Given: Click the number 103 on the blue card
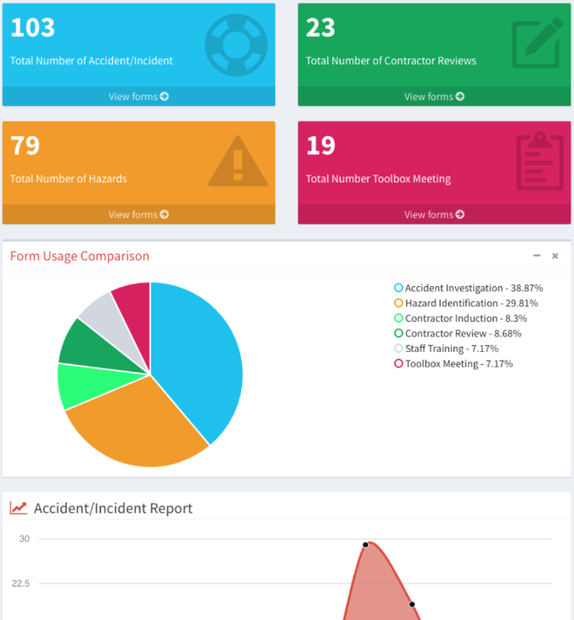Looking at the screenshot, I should (33, 27).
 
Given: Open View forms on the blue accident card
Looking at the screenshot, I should (139, 97).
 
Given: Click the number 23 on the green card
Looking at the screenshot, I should (321, 27).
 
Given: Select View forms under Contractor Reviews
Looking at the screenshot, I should (435, 97).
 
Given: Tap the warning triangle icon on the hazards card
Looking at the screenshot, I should (238, 161).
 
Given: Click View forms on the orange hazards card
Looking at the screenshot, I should (139, 215).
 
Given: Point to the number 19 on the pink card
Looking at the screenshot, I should (321, 146).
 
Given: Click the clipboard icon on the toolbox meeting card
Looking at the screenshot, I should (540, 160).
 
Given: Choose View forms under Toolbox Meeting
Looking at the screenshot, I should (435, 215).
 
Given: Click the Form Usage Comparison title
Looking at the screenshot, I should (80, 256).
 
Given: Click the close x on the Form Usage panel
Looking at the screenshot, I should (555, 256).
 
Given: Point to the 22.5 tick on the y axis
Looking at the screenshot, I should (21, 583).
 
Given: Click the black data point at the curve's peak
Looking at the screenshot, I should (365, 545).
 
